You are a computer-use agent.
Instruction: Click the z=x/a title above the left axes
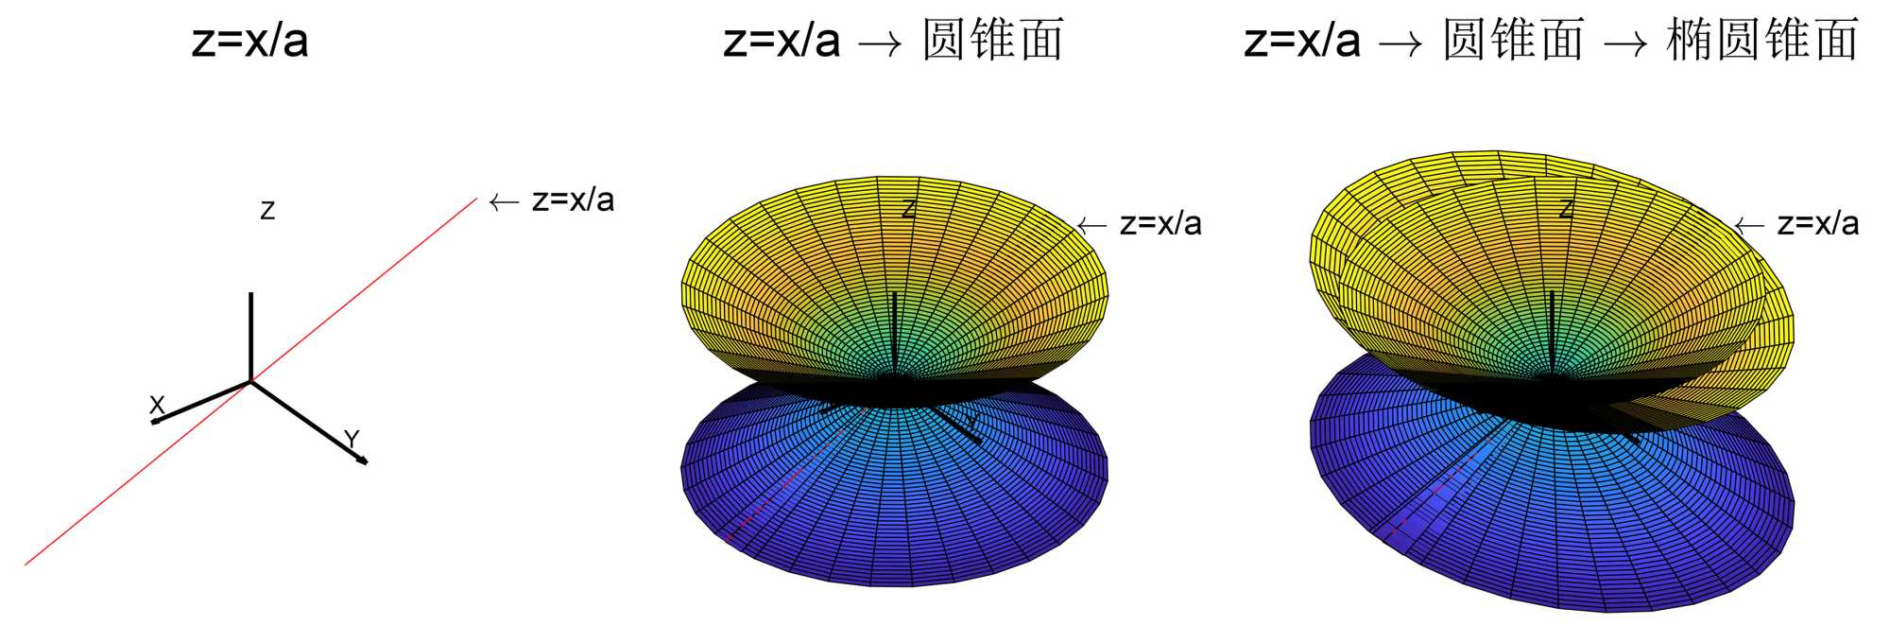250,41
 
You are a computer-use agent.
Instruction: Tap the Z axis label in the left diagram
267,211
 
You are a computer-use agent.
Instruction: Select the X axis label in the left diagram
157,405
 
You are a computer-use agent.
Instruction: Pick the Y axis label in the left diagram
352,439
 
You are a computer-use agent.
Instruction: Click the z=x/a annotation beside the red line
573,200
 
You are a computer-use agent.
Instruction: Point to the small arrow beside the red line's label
504,201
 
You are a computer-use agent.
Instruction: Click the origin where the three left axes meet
250,381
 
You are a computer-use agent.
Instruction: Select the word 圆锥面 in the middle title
993,41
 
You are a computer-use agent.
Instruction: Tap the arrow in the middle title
879,43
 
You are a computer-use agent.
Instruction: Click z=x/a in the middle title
782,41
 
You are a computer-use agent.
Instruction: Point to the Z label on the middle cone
908,209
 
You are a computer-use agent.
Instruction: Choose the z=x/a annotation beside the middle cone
1160,224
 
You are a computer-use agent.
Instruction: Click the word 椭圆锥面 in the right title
1763,41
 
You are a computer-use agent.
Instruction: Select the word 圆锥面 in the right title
1513,41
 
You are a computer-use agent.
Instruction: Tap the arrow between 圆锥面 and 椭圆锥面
1625,43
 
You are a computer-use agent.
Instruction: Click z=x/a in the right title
1302,41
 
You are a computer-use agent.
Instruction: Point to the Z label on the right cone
1566,209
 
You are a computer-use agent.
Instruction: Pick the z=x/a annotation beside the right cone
1818,224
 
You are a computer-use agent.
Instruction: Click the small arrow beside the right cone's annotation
1749,225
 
